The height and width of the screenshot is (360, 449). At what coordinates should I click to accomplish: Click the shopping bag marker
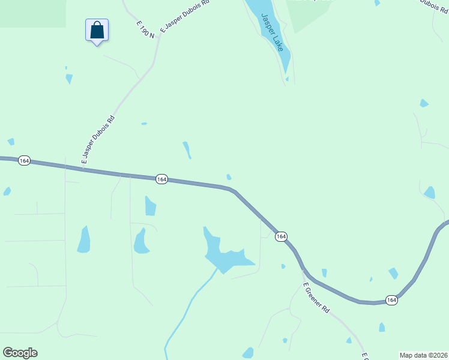click(x=97, y=31)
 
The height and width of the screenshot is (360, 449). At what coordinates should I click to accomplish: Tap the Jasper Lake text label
click(x=271, y=32)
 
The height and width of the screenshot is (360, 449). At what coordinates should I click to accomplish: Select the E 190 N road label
click(x=145, y=29)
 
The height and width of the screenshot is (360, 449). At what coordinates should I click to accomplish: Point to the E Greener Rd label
click(x=316, y=298)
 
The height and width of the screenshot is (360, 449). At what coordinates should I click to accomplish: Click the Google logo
click(x=20, y=353)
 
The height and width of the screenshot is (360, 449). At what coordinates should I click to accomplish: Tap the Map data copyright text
click(x=423, y=355)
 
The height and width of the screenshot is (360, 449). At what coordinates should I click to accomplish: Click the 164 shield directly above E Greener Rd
click(x=281, y=237)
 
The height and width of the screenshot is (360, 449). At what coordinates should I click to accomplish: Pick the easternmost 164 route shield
click(x=391, y=300)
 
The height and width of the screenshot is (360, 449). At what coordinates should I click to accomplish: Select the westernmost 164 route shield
click(x=24, y=161)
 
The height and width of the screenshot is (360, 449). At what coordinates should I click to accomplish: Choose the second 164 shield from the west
click(x=161, y=179)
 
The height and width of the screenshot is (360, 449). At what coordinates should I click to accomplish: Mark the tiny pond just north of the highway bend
click(x=229, y=177)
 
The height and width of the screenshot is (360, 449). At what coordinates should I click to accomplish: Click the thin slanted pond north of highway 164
click(x=187, y=149)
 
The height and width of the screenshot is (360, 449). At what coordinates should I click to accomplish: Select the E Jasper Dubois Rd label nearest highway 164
click(x=98, y=140)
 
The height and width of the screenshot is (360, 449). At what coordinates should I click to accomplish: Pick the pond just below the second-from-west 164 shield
click(x=150, y=206)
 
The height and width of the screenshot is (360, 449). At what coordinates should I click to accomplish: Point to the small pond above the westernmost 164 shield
click(x=11, y=142)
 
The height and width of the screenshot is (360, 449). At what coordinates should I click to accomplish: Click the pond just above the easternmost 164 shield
click(x=393, y=274)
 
